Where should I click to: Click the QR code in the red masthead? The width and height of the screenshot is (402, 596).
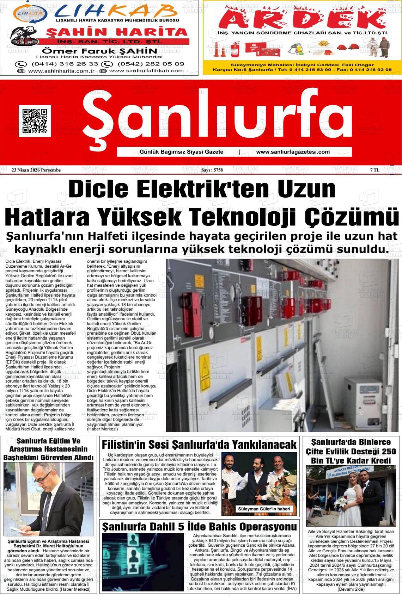coord(35,121)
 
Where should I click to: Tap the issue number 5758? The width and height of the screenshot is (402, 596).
coord(212,170)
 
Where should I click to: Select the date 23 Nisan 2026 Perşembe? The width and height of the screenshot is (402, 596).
coord(36,170)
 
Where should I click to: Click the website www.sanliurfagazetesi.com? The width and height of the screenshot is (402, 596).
coord(293,152)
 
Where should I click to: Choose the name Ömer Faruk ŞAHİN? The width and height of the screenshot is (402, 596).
coord(99,51)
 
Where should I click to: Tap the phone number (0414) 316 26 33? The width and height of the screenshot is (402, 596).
coord(57,64)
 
